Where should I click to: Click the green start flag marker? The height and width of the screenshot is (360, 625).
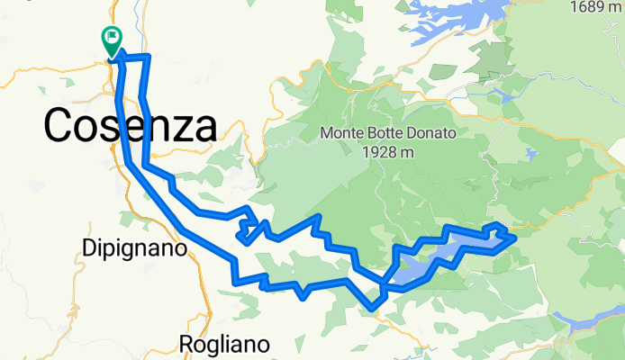pos(113,40)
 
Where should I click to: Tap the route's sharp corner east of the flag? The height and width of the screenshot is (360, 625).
pos(147,57)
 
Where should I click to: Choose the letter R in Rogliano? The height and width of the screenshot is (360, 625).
pos(186,344)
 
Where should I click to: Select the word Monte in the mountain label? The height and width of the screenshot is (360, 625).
pos(340,133)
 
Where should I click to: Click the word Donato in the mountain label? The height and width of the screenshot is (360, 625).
pos(432,133)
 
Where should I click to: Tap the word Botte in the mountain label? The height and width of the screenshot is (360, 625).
pos(385,133)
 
